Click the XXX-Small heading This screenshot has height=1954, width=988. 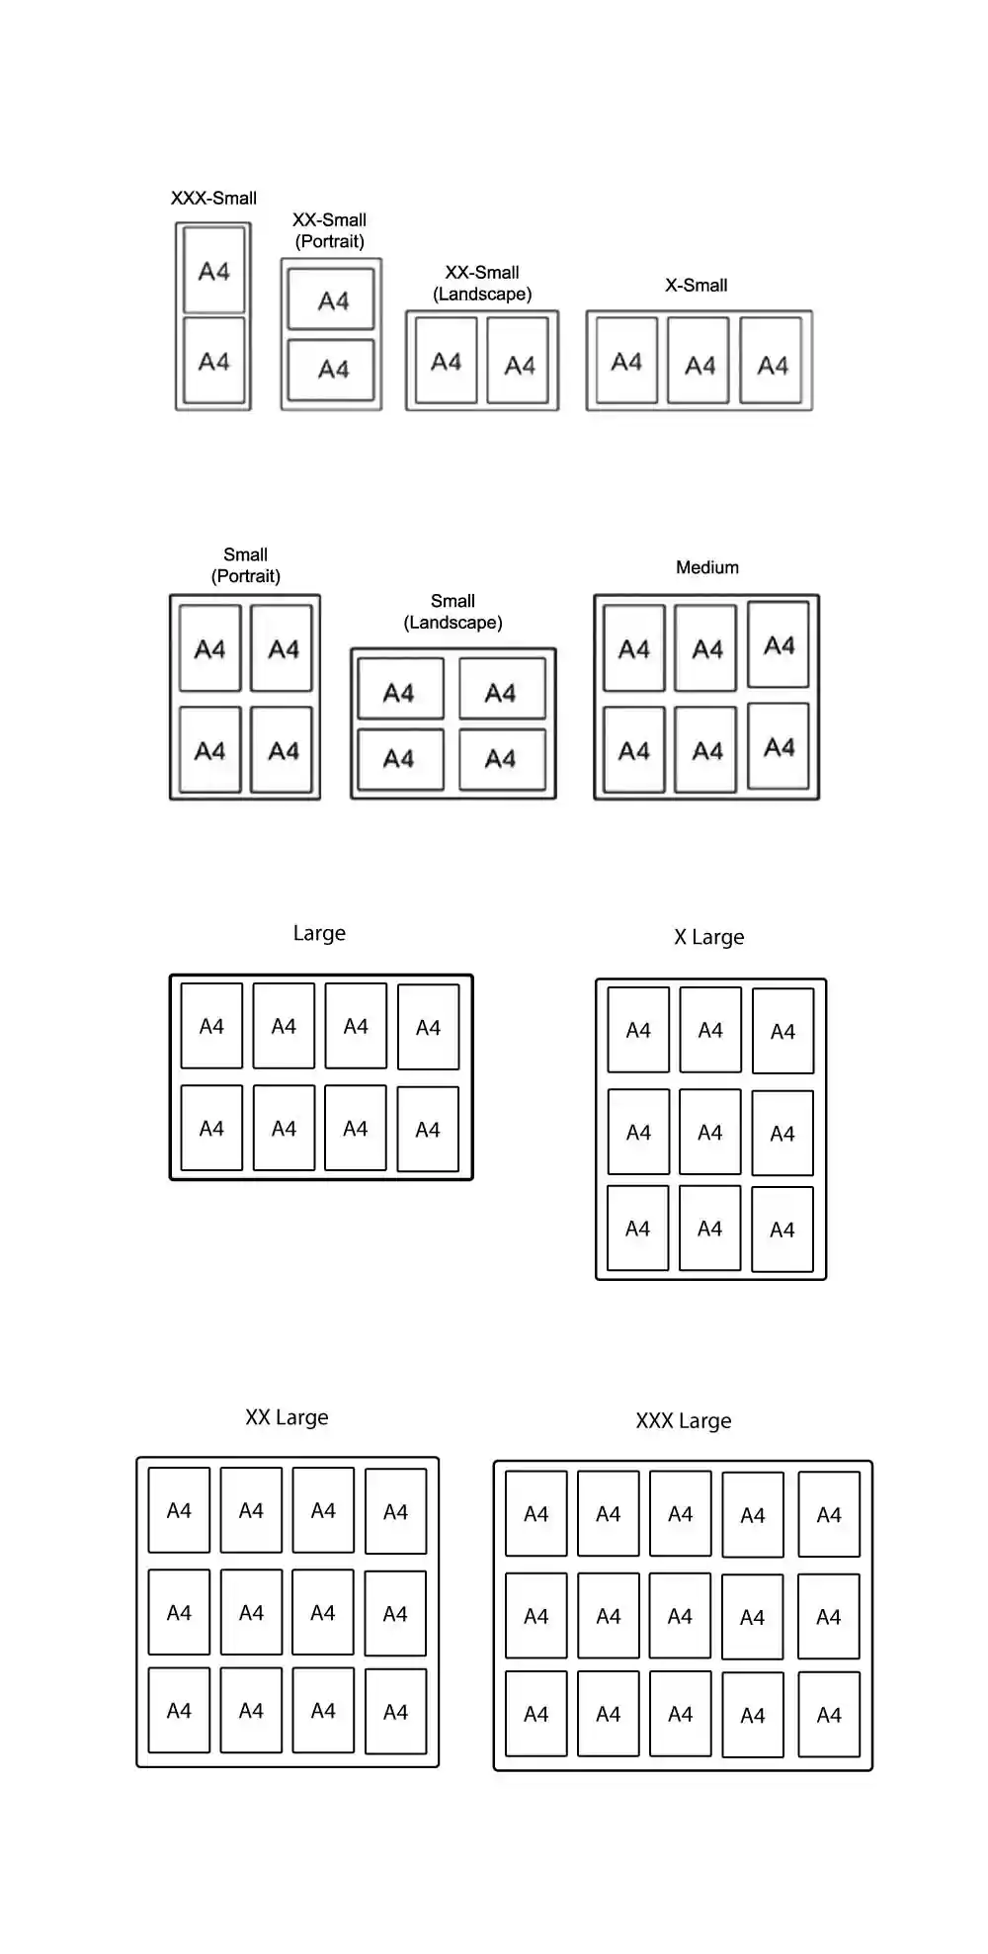click(x=213, y=198)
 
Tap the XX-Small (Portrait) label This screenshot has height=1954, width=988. click(x=329, y=230)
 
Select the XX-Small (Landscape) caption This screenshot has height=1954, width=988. click(x=482, y=283)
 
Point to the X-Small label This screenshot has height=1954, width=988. click(x=697, y=286)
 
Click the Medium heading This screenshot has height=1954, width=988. click(x=707, y=567)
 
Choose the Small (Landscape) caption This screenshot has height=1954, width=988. click(x=453, y=612)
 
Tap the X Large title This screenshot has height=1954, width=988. click(x=709, y=937)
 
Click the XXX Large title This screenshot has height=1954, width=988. click(x=684, y=1421)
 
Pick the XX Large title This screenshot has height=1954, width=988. click(x=287, y=1417)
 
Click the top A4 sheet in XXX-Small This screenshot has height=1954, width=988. click(x=213, y=270)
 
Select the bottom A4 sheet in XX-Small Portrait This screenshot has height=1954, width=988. click(x=332, y=369)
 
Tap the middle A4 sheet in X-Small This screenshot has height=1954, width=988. click(x=699, y=361)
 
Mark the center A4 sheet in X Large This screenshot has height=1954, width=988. click(x=710, y=1132)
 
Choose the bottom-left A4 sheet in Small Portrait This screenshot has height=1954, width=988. click(x=209, y=750)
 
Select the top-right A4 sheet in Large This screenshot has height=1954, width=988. click(x=428, y=1027)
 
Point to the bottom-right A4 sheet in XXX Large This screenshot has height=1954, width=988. click(x=829, y=1714)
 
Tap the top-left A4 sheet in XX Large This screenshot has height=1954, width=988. click(x=179, y=1510)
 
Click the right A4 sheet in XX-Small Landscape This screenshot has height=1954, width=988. click(x=519, y=361)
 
